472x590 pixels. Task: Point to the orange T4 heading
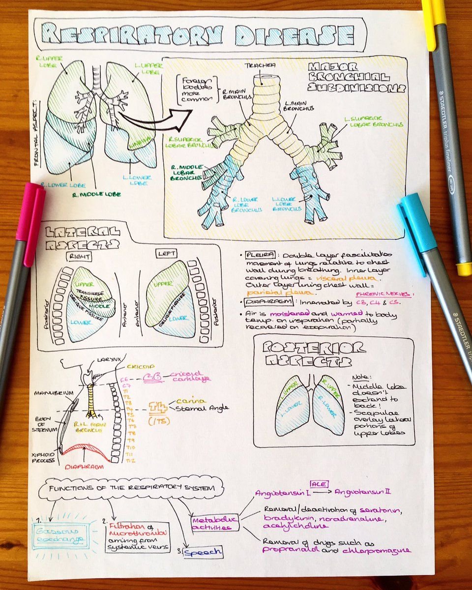pyautogui.click(x=157, y=406)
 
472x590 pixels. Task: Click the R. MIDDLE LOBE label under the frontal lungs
pyautogui.click(x=98, y=194)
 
